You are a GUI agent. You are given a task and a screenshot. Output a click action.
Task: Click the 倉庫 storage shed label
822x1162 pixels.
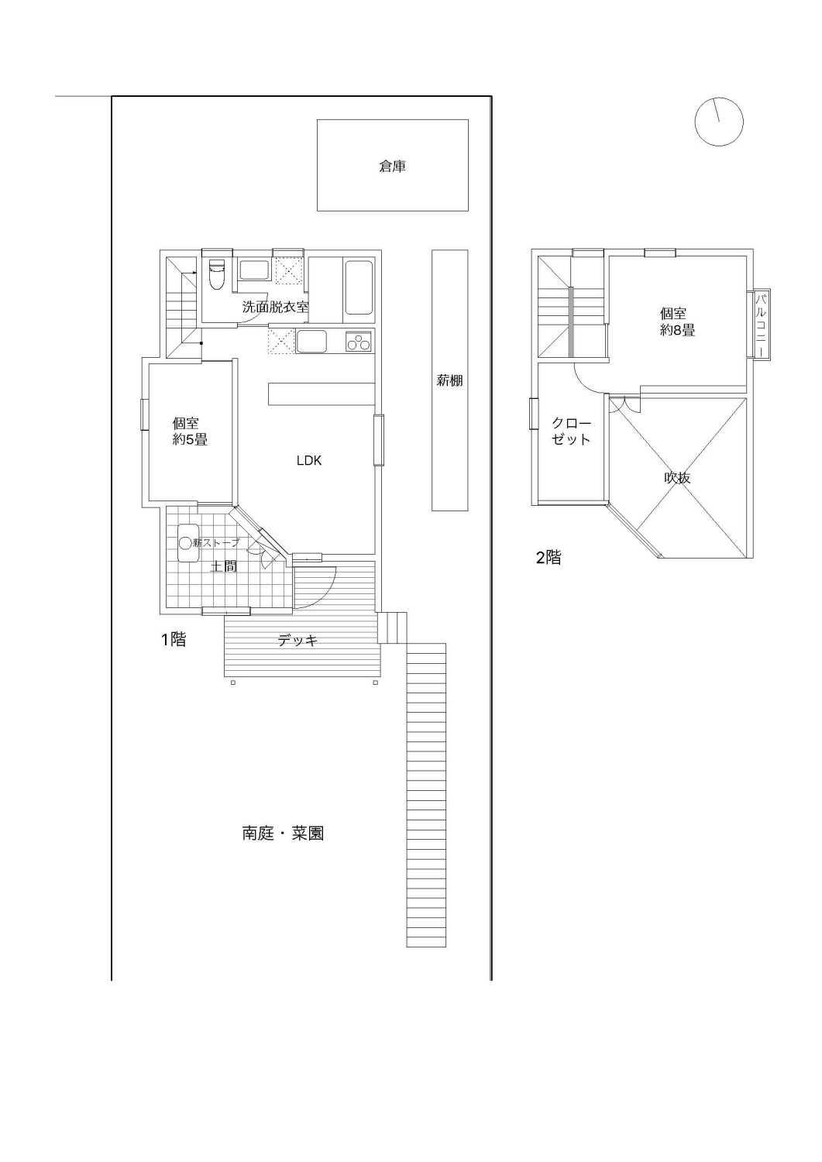tap(392, 167)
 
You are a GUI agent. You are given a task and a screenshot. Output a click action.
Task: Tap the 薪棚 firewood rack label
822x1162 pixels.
tap(449, 381)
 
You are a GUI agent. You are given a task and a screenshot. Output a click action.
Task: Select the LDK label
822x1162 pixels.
tap(309, 460)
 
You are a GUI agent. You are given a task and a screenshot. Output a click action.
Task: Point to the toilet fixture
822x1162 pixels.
tap(216, 275)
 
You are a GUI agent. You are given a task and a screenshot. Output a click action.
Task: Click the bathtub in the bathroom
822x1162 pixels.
tap(359, 287)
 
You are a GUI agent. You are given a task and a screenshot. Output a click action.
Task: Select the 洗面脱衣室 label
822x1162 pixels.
tap(276, 307)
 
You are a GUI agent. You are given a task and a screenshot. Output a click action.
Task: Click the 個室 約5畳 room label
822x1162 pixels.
tap(190, 431)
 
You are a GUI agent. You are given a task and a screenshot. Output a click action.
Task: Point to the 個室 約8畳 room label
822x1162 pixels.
tap(677, 321)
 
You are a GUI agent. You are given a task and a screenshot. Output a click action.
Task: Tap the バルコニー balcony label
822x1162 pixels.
tap(762, 325)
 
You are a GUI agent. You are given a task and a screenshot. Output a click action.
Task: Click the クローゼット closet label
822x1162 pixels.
tap(570, 431)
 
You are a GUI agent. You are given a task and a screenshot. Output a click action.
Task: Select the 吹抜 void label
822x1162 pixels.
tap(677, 477)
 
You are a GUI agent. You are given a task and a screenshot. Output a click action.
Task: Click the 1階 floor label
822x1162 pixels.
tap(173, 639)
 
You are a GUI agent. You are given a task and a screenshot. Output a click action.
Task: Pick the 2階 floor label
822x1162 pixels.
tap(548, 558)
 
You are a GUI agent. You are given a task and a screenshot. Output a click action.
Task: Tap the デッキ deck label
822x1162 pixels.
tap(298, 641)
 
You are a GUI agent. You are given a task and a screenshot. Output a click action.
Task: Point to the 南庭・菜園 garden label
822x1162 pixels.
tap(284, 833)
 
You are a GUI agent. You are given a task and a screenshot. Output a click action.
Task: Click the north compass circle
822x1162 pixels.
tap(719, 122)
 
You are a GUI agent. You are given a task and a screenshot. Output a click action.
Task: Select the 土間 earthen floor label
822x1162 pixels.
tap(223, 566)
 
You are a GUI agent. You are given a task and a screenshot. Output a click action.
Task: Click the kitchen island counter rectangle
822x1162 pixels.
tap(322, 394)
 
